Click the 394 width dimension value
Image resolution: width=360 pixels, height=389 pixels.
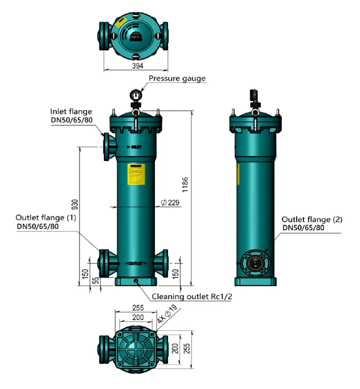tap(137, 66)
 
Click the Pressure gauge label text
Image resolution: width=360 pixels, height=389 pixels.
tap(177, 78)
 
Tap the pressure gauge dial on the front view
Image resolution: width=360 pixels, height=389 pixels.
tap(136, 94)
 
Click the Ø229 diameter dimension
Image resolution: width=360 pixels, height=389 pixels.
tap(170, 203)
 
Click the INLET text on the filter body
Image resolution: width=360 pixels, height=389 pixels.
tap(134, 147)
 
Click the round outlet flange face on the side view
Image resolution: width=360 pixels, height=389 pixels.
tap(255, 263)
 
